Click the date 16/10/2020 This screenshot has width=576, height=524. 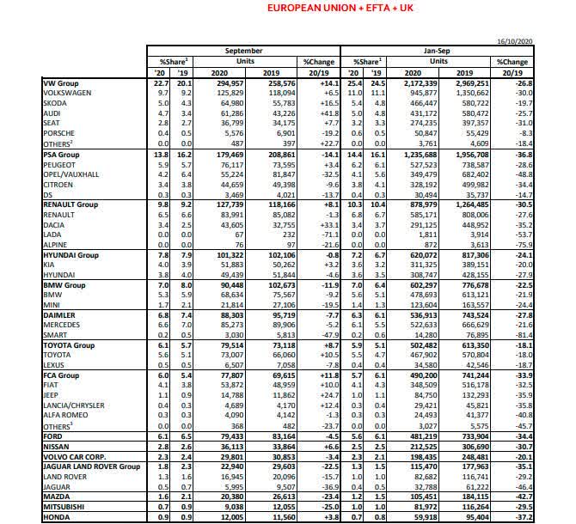point(544,40)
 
